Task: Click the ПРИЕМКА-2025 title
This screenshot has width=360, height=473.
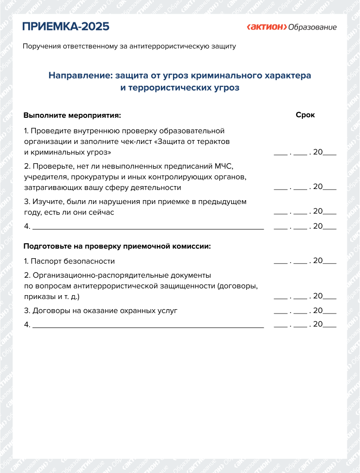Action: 66,26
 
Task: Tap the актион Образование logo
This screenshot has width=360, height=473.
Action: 292,27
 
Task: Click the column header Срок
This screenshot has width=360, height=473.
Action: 305,115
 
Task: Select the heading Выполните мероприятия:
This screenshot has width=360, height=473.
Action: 72,116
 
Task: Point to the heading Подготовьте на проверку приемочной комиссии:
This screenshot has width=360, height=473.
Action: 117,246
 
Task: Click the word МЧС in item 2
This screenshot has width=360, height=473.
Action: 224,166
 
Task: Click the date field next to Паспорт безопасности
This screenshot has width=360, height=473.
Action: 305,261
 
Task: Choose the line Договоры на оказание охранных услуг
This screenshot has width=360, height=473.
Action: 104,310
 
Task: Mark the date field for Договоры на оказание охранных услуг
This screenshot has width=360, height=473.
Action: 305,310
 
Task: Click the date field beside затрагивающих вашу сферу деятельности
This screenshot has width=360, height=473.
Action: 305,187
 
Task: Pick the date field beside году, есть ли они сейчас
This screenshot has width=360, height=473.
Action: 305,211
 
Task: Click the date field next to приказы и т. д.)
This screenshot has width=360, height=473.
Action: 305,296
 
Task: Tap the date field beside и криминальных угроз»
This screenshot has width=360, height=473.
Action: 305,152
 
